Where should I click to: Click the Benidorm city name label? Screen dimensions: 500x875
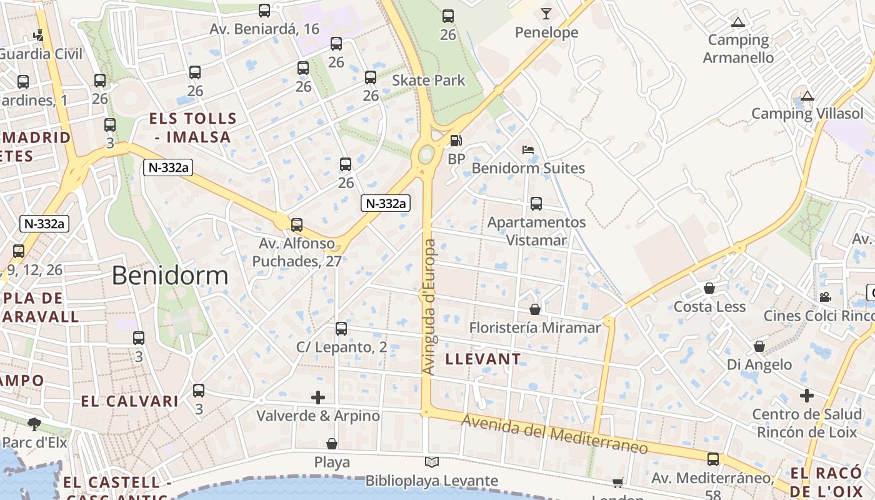coord(170,276)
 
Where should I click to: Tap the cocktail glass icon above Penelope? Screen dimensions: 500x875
coord(547,13)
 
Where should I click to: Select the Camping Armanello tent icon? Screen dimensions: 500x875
coord(738,22)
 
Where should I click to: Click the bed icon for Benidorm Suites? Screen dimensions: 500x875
coord(528,150)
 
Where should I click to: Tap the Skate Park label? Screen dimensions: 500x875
coord(429,80)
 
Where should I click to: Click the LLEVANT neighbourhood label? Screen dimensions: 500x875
coord(482,359)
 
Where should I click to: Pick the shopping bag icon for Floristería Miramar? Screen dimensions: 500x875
coord(535,309)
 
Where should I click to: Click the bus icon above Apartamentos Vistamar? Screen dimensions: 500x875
coord(536,204)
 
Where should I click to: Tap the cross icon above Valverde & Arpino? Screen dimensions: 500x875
coord(318,397)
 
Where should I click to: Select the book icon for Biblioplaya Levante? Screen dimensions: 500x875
coord(432,462)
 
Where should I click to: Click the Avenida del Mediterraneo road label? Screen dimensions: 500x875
coord(554,435)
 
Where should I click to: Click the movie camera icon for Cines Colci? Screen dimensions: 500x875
coord(825,297)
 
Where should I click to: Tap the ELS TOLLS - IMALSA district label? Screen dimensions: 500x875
coord(192,127)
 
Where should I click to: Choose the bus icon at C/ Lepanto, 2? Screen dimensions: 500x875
coord(341,329)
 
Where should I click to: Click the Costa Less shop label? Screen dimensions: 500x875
coord(709,307)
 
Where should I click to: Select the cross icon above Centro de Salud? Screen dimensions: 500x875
coord(807,396)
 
